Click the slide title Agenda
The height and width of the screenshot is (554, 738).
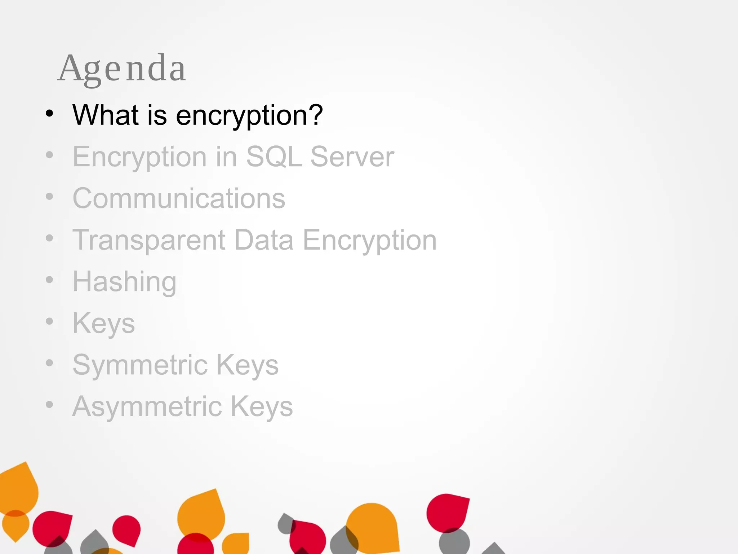(x=122, y=69)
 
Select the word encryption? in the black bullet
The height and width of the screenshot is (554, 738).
(x=249, y=116)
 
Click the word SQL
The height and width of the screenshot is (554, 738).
(x=274, y=157)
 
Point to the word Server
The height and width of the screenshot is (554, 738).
(x=352, y=157)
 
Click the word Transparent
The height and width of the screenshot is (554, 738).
(x=149, y=240)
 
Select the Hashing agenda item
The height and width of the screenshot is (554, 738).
(x=124, y=282)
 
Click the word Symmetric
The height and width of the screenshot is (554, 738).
(x=140, y=365)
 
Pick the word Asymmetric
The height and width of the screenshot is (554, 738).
(x=147, y=406)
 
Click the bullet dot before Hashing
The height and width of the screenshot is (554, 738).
(x=49, y=280)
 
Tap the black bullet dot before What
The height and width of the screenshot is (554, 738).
(x=49, y=114)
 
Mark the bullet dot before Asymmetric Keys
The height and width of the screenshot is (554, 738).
(x=49, y=405)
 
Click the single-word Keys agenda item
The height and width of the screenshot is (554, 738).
(x=104, y=324)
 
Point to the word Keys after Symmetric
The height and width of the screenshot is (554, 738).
(x=247, y=365)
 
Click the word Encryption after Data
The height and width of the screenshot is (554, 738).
(x=369, y=240)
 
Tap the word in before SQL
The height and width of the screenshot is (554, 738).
(x=226, y=157)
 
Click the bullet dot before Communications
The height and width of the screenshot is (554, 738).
(x=49, y=197)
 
